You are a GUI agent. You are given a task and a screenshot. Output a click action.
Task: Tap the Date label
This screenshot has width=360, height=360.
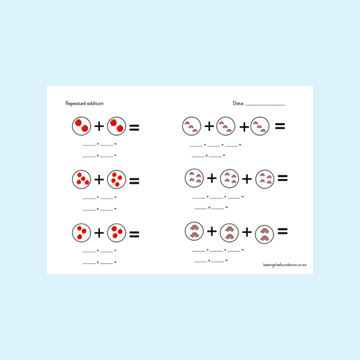[x=238, y=103]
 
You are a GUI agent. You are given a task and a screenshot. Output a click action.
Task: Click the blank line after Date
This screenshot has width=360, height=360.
[x=265, y=105]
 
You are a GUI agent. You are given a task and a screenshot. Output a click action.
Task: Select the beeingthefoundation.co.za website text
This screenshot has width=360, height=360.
[x=285, y=265]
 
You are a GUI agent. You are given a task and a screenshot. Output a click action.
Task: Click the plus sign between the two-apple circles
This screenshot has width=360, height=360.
[x=99, y=126]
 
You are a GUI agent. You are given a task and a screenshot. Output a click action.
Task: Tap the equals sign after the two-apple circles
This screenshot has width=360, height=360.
[x=134, y=128]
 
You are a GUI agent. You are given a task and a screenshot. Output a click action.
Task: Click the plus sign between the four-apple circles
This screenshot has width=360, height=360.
[x=99, y=180]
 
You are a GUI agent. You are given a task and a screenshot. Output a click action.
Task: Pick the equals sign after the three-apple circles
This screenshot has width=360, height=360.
[x=134, y=234]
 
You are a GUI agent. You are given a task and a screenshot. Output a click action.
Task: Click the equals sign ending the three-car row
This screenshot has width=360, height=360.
[x=280, y=126]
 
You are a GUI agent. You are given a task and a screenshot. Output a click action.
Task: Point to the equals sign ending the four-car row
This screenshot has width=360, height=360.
[x=282, y=178]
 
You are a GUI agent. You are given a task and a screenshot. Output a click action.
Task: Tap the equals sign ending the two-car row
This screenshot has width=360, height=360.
[x=282, y=231]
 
